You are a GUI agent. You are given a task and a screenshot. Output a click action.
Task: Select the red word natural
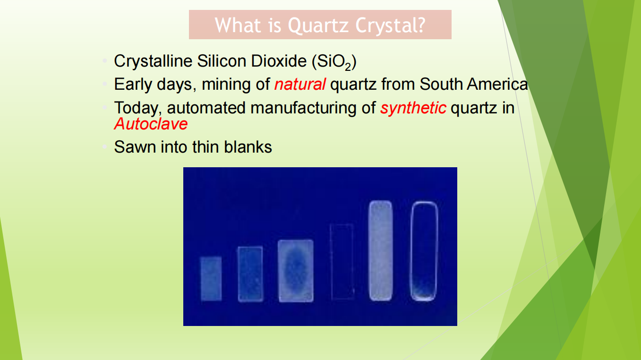point(300,84)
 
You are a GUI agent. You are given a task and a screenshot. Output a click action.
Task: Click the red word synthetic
point(413,108)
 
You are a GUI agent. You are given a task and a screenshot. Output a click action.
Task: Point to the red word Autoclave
point(151,124)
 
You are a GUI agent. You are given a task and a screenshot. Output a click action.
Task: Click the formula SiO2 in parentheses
point(334,62)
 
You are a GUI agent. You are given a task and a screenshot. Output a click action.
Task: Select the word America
point(497,84)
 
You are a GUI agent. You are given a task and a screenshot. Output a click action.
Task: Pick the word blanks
point(248,147)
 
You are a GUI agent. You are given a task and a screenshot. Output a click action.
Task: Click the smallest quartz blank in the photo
point(211,278)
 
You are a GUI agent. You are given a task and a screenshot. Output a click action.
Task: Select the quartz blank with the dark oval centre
point(296,271)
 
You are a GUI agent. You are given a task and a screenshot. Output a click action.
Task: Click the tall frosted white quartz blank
point(380,251)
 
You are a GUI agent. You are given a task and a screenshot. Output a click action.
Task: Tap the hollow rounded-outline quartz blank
point(411,251)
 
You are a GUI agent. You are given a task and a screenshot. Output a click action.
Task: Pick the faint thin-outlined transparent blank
point(331,262)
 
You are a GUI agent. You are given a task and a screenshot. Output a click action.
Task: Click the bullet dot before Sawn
point(105,147)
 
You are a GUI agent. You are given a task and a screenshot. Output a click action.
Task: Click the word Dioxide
point(279,61)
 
